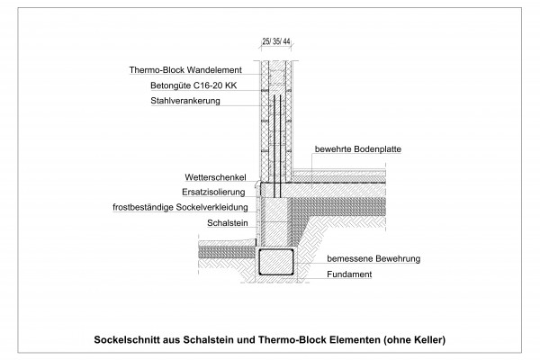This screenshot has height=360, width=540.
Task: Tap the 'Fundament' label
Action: coord(350,274)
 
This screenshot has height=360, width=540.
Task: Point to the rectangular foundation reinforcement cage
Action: coord(274,263)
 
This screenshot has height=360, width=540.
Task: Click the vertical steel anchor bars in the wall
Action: coord(280,144)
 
